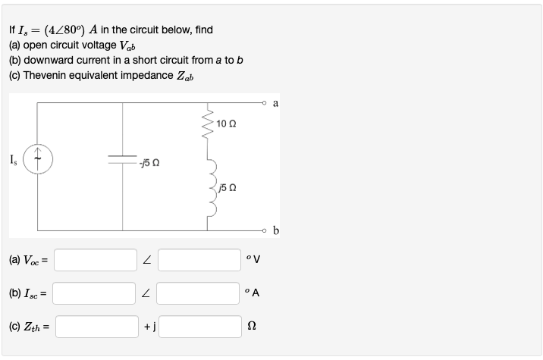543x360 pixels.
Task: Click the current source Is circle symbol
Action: coord(37,164)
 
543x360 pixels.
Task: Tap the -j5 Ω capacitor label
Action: coord(149,162)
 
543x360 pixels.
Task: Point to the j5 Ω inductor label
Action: coord(228,187)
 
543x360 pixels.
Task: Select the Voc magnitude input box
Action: coord(95,260)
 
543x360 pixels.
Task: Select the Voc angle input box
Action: coord(199,260)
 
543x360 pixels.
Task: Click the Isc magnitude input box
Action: coord(95,293)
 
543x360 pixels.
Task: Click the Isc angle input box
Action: coord(199,293)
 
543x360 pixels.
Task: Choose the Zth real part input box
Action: coord(95,326)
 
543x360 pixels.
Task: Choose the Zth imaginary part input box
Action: coord(199,326)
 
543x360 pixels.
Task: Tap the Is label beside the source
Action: coord(14,158)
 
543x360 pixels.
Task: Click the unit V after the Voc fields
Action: coord(258,261)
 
